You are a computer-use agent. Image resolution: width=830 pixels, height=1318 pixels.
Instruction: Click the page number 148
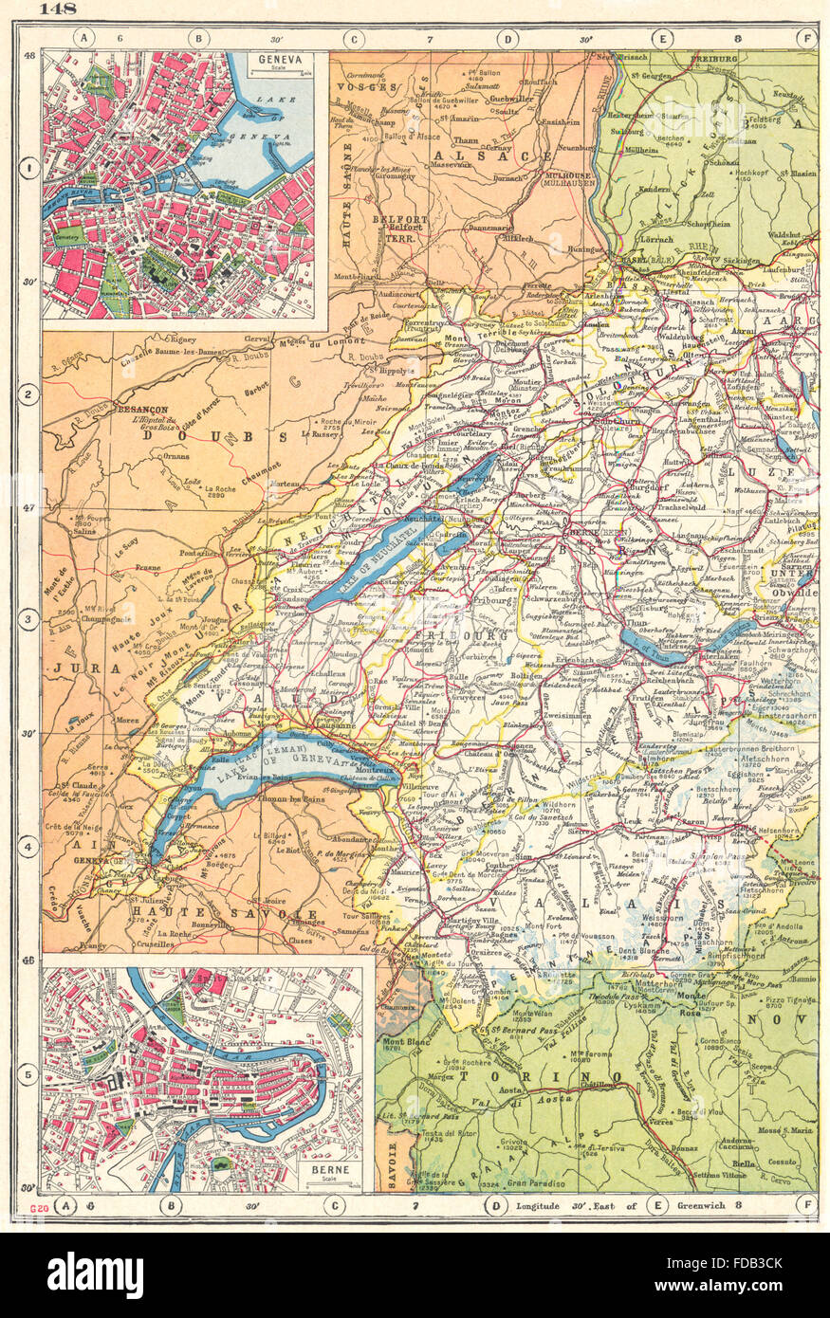click(56, 10)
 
